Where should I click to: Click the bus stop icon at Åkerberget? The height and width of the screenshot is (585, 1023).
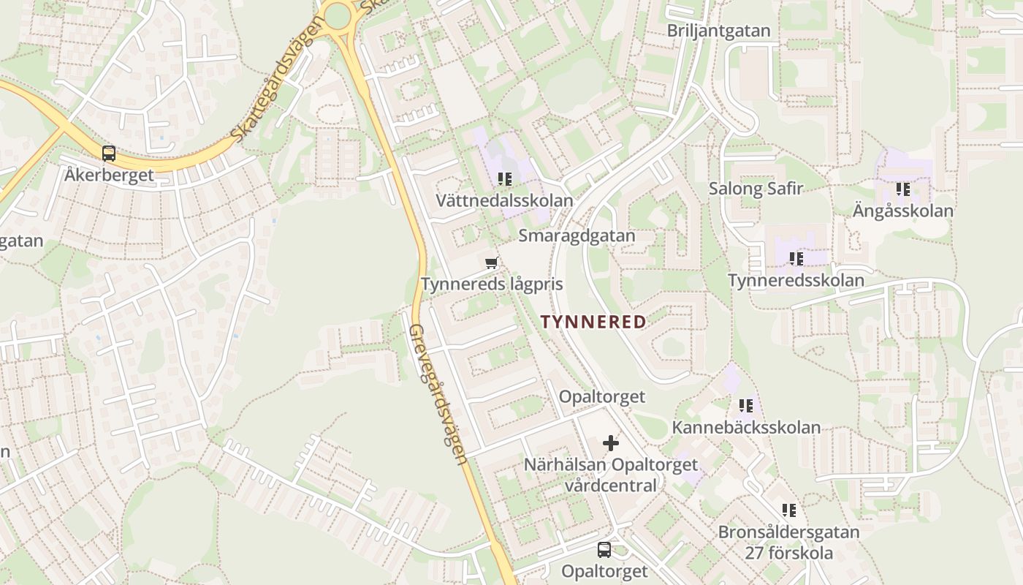[109, 154]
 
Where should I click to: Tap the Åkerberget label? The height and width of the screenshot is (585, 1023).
[109, 175]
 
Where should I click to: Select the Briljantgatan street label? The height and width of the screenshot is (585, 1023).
[719, 31]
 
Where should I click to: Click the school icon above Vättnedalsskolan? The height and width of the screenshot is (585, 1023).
[504, 179]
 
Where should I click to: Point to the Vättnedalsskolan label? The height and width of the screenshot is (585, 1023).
[504, 200]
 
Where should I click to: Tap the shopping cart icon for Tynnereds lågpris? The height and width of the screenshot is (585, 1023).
[492, 263]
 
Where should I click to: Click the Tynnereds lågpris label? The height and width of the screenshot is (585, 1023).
[492, 284]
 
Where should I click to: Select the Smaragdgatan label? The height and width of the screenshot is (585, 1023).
[577, 235]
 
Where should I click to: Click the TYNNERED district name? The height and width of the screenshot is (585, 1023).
[593, 322]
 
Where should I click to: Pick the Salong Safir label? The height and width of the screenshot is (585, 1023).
[756, 189]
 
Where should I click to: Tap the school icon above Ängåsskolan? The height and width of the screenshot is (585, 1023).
[903, 189]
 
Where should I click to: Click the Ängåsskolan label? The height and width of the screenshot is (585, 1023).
[903, 211]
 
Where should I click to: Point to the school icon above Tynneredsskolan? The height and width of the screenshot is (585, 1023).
[796, 259]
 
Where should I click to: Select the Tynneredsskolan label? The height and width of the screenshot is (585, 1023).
[796, 280]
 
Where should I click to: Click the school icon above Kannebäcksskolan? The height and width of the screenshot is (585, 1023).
[746, 406]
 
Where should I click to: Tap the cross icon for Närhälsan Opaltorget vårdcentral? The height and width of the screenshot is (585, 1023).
[611, 443]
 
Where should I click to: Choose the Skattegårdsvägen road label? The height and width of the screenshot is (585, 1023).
[277, 80]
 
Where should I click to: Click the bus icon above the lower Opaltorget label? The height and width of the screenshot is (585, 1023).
[604, 550]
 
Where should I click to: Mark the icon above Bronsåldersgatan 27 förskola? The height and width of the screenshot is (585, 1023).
[788, 510]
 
